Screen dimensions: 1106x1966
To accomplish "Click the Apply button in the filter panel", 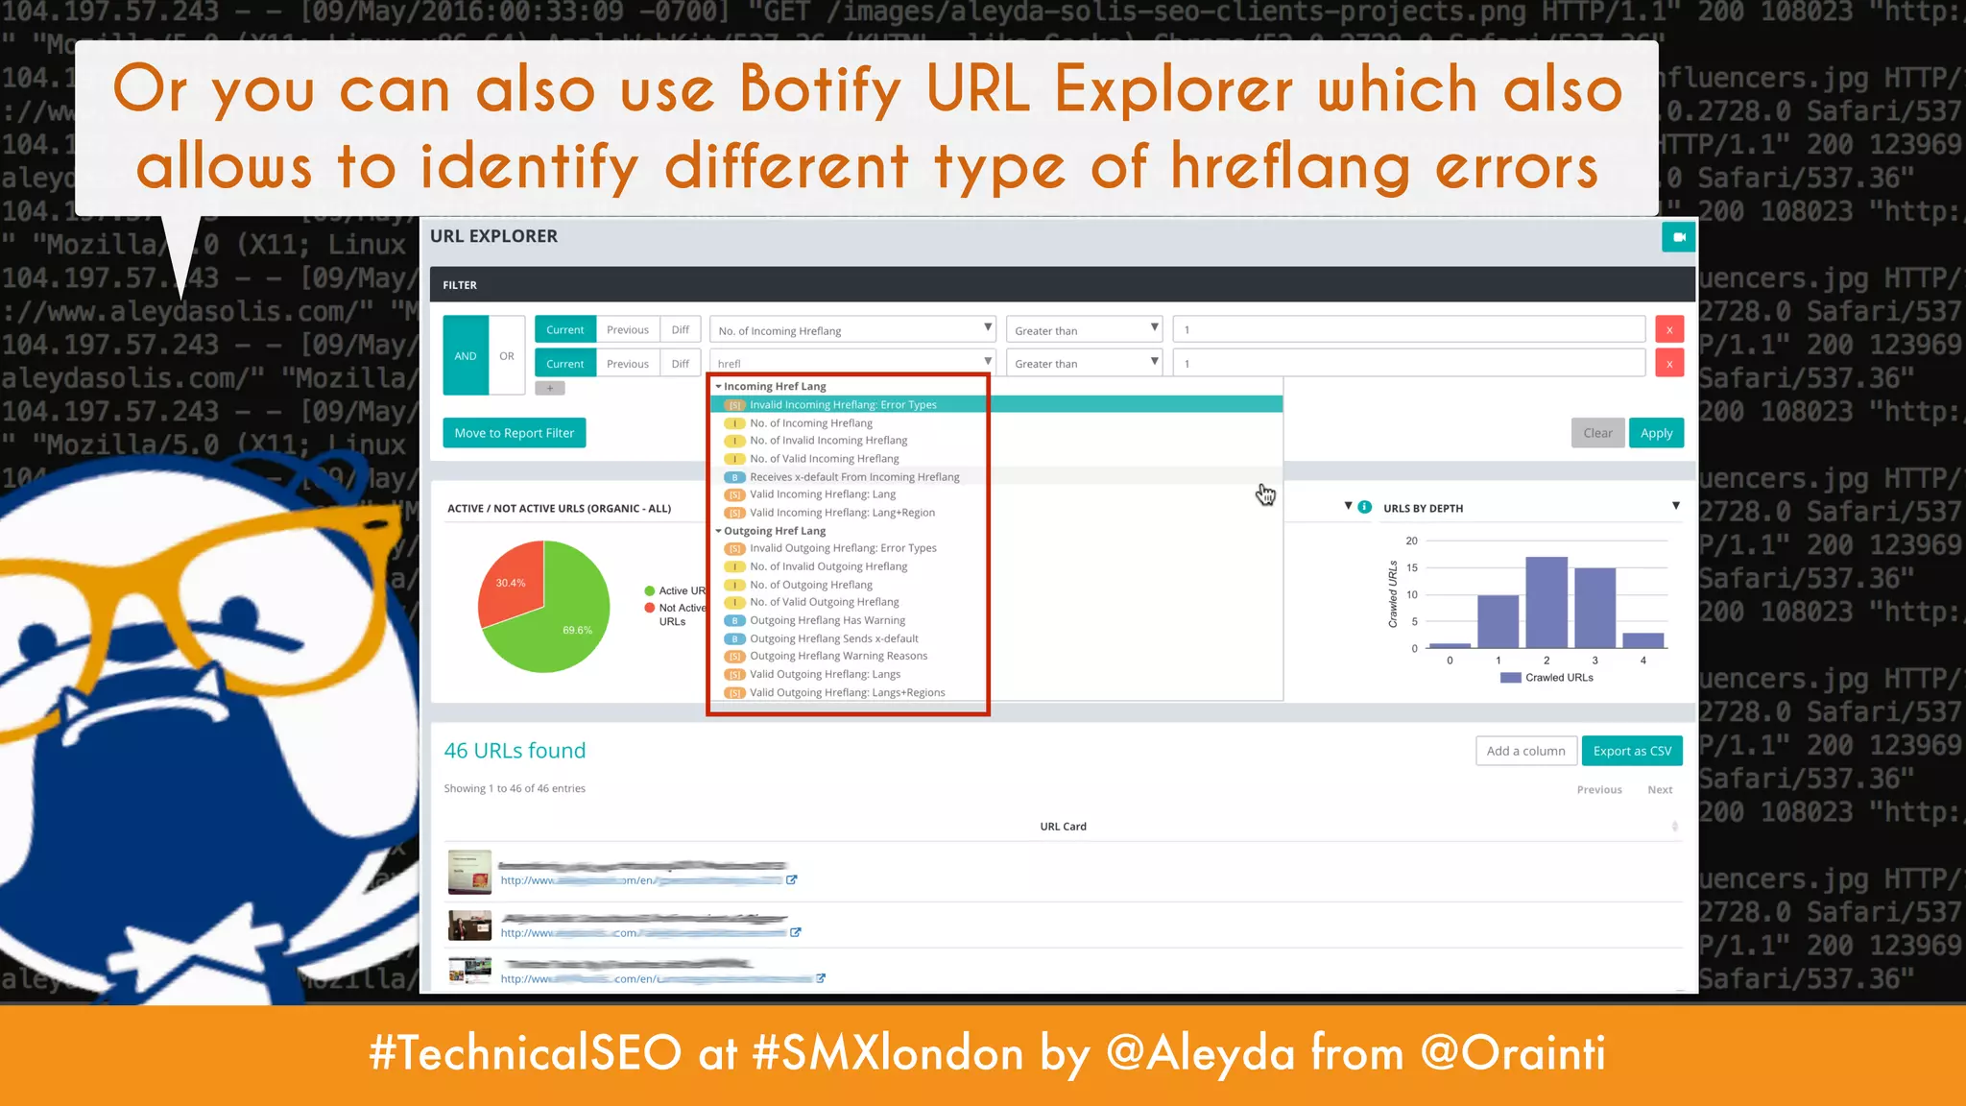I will click(x=1656, y=433).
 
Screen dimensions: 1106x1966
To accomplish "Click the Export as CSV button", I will click(x=1632, y=751).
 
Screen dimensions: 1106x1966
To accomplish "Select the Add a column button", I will click(x=1525, y=751).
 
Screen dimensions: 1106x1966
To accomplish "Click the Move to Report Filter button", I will click(x=514, y=433).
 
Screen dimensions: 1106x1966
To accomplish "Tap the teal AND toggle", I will click(x=466, y=355).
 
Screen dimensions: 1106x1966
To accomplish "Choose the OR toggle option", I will click(x=507, y=355).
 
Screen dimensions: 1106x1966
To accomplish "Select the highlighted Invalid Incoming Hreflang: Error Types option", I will click(x=843, y=404).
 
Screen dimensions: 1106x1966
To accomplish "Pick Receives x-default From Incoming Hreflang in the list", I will click(x=854, y=476).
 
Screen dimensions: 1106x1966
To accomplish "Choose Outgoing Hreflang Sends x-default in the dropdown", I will click(x=833, y=638).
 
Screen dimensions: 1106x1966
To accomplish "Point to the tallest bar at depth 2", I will click(x=1546, y=602).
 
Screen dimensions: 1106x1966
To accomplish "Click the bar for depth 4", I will click(x=1642, y=640).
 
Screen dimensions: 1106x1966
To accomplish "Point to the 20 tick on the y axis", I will click(x=1411, y=541).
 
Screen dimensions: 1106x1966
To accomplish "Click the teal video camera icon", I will click(x=1678, y=237).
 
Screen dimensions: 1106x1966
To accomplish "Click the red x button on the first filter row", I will click(x=1669, y=329).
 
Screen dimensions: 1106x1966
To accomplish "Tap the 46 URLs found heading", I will click(x=515, y=751).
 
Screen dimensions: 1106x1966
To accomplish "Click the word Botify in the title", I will click(x=821, y=89).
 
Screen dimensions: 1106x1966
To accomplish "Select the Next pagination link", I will click(x=1660, y=789).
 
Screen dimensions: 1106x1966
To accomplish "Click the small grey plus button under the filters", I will click(x=550, y=389).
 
